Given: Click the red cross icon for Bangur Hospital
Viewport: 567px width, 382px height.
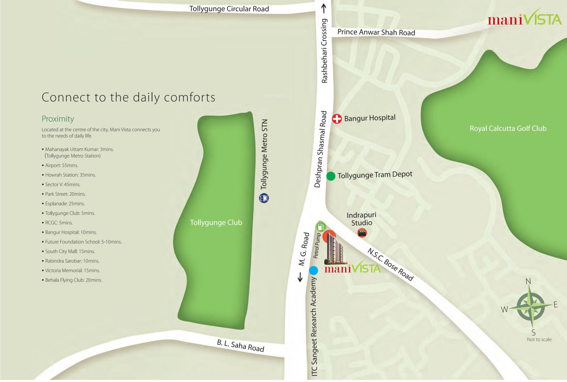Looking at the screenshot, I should point(337,118).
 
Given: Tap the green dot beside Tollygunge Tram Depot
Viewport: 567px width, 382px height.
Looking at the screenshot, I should point(331,176).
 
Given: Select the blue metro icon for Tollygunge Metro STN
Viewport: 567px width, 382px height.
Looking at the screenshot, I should point(264,198).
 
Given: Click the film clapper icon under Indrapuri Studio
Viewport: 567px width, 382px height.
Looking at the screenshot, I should point(362,232).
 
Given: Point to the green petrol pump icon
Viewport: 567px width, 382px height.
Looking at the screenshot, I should point(321,226).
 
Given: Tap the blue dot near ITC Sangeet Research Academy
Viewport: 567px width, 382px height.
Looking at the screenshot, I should point(314,271).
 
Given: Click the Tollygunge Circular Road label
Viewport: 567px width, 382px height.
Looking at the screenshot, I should point(229,9).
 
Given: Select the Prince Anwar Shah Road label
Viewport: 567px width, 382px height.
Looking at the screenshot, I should point(376,33).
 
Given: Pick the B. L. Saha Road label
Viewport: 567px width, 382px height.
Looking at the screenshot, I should point(240,346).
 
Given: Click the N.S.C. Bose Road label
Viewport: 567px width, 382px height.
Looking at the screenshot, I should point(391,264).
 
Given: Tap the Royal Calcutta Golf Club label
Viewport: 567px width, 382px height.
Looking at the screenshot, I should point(508,129).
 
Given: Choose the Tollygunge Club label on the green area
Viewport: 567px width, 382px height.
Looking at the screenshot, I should point(216,223).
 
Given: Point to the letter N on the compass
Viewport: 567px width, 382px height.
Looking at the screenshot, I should point(529,282).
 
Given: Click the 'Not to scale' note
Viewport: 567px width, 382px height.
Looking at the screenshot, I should point(539,340).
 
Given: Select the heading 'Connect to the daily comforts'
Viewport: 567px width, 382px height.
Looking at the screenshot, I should point(128,97).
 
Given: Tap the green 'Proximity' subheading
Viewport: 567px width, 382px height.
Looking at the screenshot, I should point(58,119).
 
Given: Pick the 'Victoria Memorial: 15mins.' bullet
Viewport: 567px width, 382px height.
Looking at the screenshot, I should point(73,271).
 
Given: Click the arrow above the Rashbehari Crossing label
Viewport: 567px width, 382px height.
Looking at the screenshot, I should point(324,8).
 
